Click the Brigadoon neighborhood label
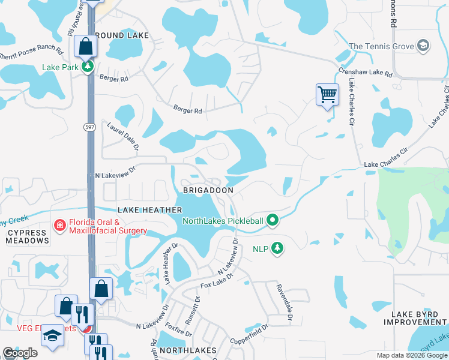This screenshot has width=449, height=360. (207, 190)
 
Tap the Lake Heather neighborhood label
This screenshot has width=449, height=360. (150, 210)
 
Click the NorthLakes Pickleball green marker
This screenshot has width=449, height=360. (273, 221)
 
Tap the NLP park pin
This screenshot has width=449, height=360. (277, 247)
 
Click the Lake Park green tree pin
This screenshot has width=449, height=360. (88, 67)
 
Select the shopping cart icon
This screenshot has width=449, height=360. (327, 94)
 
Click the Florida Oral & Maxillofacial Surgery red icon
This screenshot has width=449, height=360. (59, 226)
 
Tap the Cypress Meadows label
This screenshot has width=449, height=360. (27, 236)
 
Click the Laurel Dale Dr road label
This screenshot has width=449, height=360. (123, 136)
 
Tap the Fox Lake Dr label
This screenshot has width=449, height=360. (215, 282)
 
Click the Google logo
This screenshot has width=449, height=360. (20, 353)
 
